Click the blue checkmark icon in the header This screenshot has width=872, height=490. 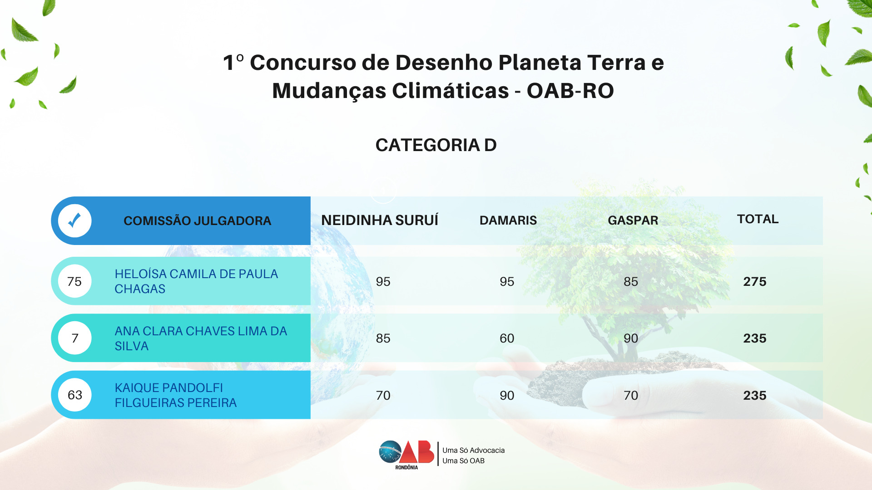(x=74, y=220)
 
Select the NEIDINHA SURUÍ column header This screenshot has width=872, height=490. (x=380, y=220)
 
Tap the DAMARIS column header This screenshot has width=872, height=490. (x=508, y=220)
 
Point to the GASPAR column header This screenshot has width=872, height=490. (x=633, y=220)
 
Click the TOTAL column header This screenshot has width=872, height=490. (x=758, y=219)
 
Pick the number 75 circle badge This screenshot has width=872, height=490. (x=75, y=281)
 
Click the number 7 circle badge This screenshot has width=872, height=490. (x=75, y=338)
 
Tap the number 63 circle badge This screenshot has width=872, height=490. (x=75, y=395)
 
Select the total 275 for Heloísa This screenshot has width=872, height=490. (x=755, y=281)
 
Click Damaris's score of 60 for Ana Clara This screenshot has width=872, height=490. (x=507, y=338)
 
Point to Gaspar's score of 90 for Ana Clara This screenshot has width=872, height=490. (x=631, y=338)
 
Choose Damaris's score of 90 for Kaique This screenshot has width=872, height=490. (x=507, y=395)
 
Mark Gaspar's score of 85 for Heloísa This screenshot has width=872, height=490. (x=631, y=281)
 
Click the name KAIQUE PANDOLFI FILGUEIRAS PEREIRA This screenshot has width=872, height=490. (x=176, y=395)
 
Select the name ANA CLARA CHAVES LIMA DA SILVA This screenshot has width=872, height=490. (x=201, y=338)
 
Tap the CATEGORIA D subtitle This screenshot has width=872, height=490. (x=436, y=145)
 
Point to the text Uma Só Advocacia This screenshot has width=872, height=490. (x=474, y=450)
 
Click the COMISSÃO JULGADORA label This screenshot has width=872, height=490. (x=197, y=221)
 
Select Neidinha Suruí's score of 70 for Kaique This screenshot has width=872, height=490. (x=383, y=395)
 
